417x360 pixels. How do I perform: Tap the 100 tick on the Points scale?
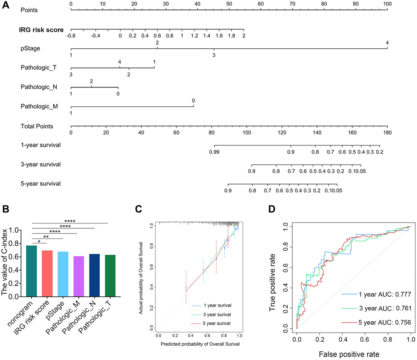(x=388, y=3)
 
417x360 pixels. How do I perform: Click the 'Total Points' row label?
(x=37, y=126)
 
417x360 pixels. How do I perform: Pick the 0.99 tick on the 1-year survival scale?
(x=214, y=152)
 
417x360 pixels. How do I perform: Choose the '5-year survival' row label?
(x=40, y=184)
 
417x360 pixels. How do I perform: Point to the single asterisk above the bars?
(x=39, y=241)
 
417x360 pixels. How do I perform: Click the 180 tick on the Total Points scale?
(x=387, y=133)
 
